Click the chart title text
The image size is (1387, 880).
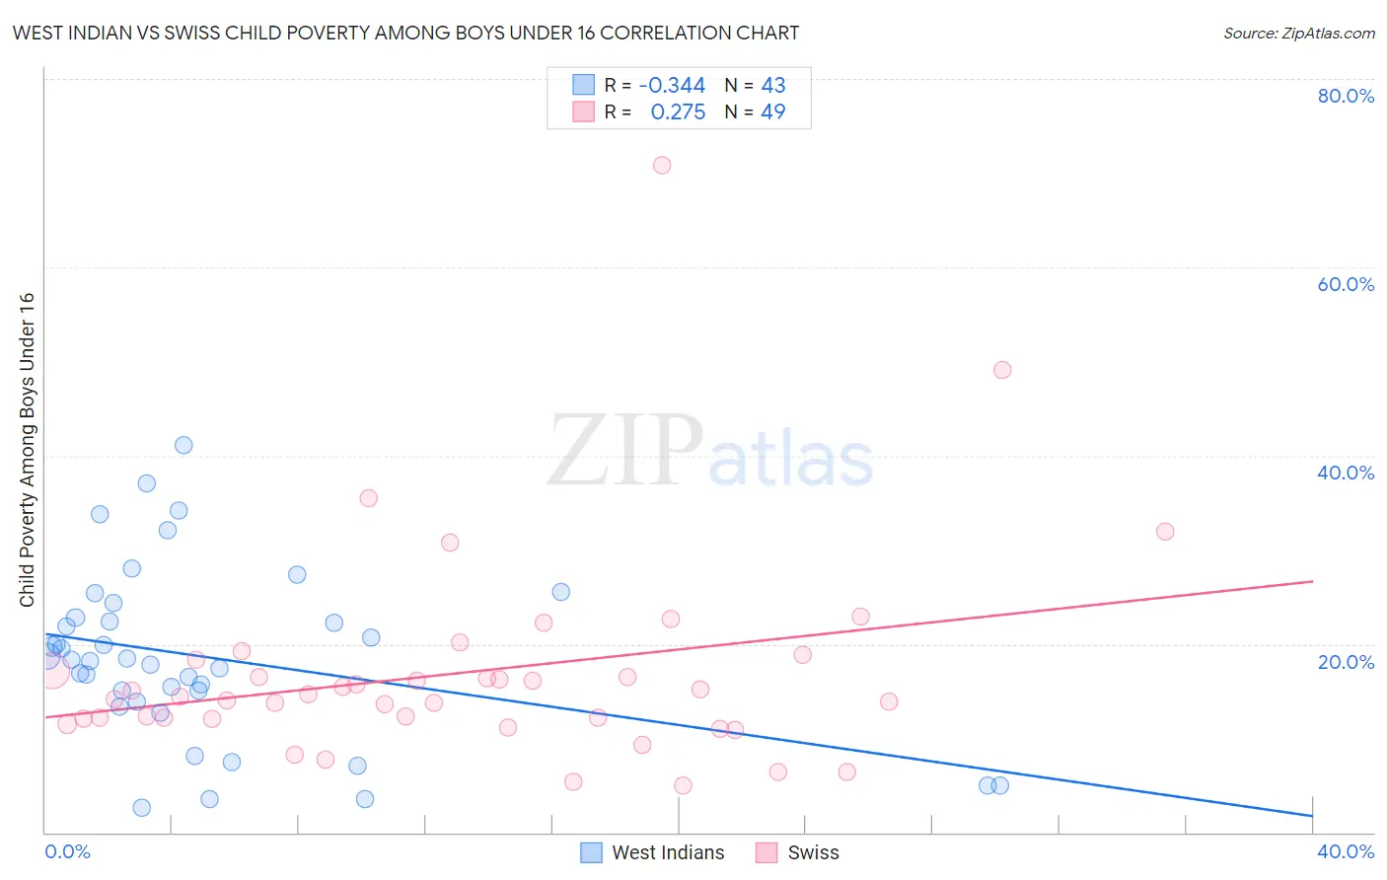click(x=405, y=33)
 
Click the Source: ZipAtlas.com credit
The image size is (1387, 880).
click(x=1298, y=33)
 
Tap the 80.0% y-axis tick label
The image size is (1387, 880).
click(x=1346, y=96)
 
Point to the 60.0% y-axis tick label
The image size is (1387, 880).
click(x=1346, y=284)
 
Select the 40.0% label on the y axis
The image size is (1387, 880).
click(x=1346, y=473)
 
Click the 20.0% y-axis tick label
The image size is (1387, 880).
click(x=1346, y=661)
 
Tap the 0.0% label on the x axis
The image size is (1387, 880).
click(x=67, y=851)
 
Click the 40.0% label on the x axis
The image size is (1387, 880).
click(x=1346, y=851)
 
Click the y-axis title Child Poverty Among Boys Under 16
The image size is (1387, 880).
click(x=27, y=450)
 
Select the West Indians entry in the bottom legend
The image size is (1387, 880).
click(x=667, y=852)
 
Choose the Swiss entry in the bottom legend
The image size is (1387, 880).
click(x=813, y=852)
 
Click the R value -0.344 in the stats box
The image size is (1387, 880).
click(x=672, y=85)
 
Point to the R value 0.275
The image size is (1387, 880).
click(x=678, y=112)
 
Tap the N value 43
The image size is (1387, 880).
click(x=773, y=85)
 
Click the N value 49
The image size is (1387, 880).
click(x=773, y=112)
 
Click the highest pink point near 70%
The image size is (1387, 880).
click(x=662, y=165)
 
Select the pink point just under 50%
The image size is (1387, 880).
click(x=1002, y=370)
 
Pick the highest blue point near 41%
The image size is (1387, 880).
click(x=183, y=445)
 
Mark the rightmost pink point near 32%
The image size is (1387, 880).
click(x=1165, y=532)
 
